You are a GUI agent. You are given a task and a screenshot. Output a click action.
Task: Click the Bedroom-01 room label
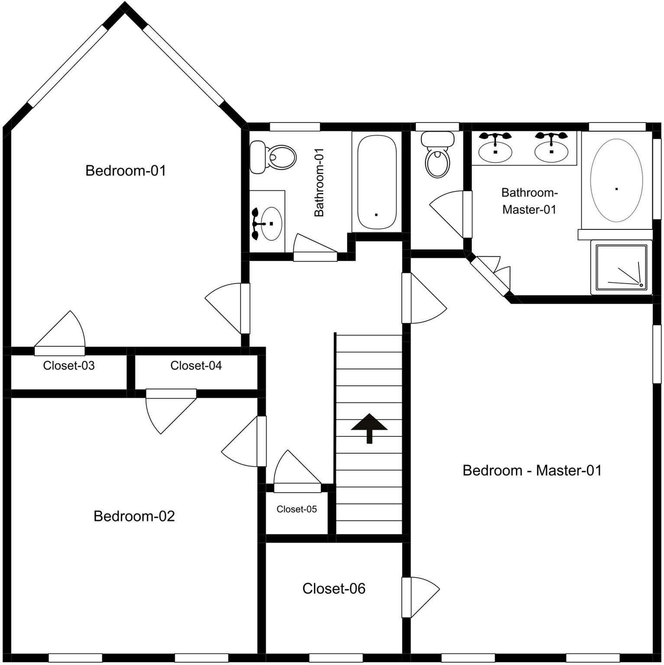tap(126, 171)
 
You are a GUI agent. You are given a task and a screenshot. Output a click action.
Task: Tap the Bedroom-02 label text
tap(134, 516)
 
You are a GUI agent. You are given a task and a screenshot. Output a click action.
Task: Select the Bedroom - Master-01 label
tap(532, 470)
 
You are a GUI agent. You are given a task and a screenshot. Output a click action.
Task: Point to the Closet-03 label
tap(69, 365)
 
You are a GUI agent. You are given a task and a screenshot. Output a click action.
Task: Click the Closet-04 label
tap(196, 365)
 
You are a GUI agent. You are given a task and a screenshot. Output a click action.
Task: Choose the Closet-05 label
tap(297, 509)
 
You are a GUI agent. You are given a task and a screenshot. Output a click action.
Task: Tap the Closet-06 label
tap(334, 588)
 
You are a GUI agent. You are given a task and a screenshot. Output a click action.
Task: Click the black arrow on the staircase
tap(369, 428)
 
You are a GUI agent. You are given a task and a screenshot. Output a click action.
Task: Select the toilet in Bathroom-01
tap(273, 157)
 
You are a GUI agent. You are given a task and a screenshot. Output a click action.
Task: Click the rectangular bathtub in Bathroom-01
tap(377, 182)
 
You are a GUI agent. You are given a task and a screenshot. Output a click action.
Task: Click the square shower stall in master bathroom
tap(622, 268)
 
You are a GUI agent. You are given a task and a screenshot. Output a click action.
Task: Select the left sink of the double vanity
tap(495, 148)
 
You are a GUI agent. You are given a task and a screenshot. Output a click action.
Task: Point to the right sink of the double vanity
tap(551, 148)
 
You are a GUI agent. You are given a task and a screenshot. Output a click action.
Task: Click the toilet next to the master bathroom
tap(438, 155)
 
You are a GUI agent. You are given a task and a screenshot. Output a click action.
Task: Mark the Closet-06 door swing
tap(421, 597)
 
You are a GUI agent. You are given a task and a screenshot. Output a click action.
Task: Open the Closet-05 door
tap(298, 471)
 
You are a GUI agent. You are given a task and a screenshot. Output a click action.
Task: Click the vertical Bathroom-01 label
tap(319, 182)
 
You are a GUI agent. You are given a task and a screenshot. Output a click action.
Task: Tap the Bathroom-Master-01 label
tap(529, 201)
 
